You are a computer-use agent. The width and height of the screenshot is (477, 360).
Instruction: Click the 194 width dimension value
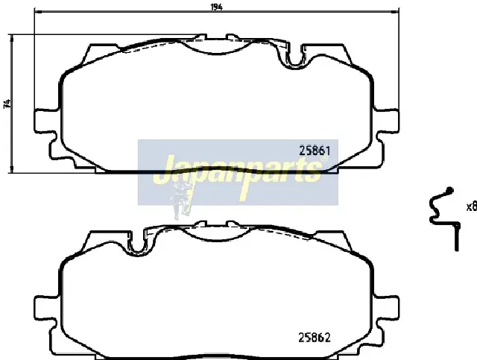(x=216, y=7)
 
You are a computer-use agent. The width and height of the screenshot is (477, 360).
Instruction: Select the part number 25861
(x=315, y=151)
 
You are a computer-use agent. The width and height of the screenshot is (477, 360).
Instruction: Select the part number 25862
(x=315, y=338)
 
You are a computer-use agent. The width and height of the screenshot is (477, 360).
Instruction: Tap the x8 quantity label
(x=472, y=207)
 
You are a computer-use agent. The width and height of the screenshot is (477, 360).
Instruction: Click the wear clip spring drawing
(x=443, y=218)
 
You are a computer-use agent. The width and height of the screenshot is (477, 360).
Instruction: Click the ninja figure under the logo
(x=182, y=198)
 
